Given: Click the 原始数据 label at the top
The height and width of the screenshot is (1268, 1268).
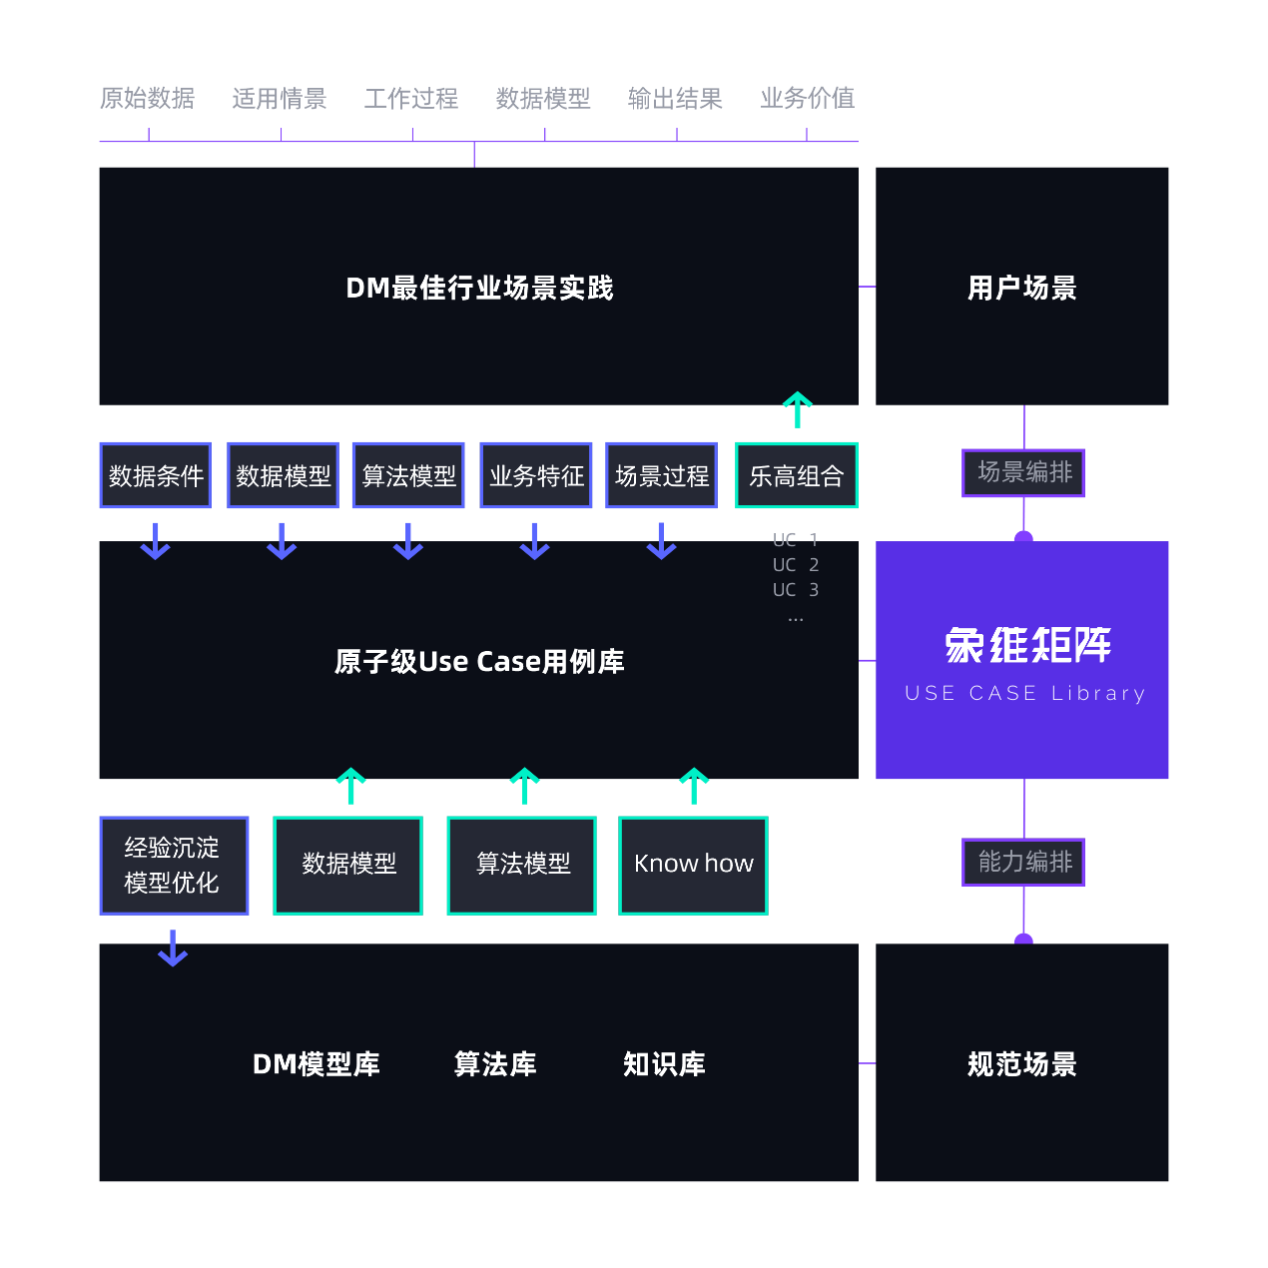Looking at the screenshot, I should click(147, 98).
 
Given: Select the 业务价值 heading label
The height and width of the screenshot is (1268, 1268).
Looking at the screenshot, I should click(807, 98).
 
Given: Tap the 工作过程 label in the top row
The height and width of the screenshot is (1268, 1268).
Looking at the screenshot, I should click(410, 98).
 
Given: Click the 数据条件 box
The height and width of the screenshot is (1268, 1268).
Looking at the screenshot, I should click(156, 475).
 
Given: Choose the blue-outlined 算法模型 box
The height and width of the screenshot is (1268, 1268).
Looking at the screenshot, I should click(408, 475).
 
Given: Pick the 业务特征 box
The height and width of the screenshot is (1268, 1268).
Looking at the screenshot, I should click(536, 475).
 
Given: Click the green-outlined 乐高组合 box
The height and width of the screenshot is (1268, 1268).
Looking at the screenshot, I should click(796, 475).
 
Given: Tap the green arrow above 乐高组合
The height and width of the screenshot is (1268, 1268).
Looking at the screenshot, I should click(797, 409).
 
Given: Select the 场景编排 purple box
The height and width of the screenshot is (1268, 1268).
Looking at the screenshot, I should click(1023, 472).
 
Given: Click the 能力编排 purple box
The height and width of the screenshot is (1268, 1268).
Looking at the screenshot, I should click(1023, 862).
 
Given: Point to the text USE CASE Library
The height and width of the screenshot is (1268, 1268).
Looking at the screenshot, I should click(1024, 693).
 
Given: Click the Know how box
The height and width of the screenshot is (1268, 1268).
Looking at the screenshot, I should click(693, 865).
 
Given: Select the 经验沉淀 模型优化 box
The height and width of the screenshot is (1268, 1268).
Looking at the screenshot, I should click(174, 865).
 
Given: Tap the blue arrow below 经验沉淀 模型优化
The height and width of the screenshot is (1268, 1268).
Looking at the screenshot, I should click(173, 949).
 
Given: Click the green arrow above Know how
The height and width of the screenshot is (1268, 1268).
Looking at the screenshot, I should click(694, 786).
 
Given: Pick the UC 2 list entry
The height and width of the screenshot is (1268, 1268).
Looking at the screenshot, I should click(795, 565).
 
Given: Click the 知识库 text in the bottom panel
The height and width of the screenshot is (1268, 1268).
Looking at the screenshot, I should click(664, 1064).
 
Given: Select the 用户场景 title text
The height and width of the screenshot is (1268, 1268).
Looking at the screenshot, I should click(1021, 289).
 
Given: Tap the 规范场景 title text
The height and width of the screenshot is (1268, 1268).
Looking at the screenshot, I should click(1021, 1064).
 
